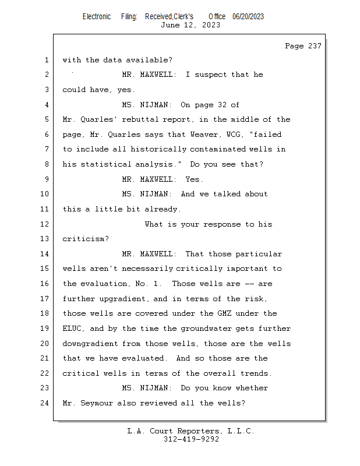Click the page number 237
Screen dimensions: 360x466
pos(315,46)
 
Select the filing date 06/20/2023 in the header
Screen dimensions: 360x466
pos(248,17)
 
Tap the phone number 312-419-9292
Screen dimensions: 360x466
pos(191,439)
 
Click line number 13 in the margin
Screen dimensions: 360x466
pos(45,239)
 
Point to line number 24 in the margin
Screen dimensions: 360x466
pos(45,403)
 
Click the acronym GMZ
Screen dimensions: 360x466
pos(224,313)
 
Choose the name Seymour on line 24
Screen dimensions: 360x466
pos(97,403)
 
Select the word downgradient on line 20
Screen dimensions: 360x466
pos(90,344)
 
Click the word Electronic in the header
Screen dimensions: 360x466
pos(97,17)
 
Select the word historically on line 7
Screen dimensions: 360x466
pos(159,149)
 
